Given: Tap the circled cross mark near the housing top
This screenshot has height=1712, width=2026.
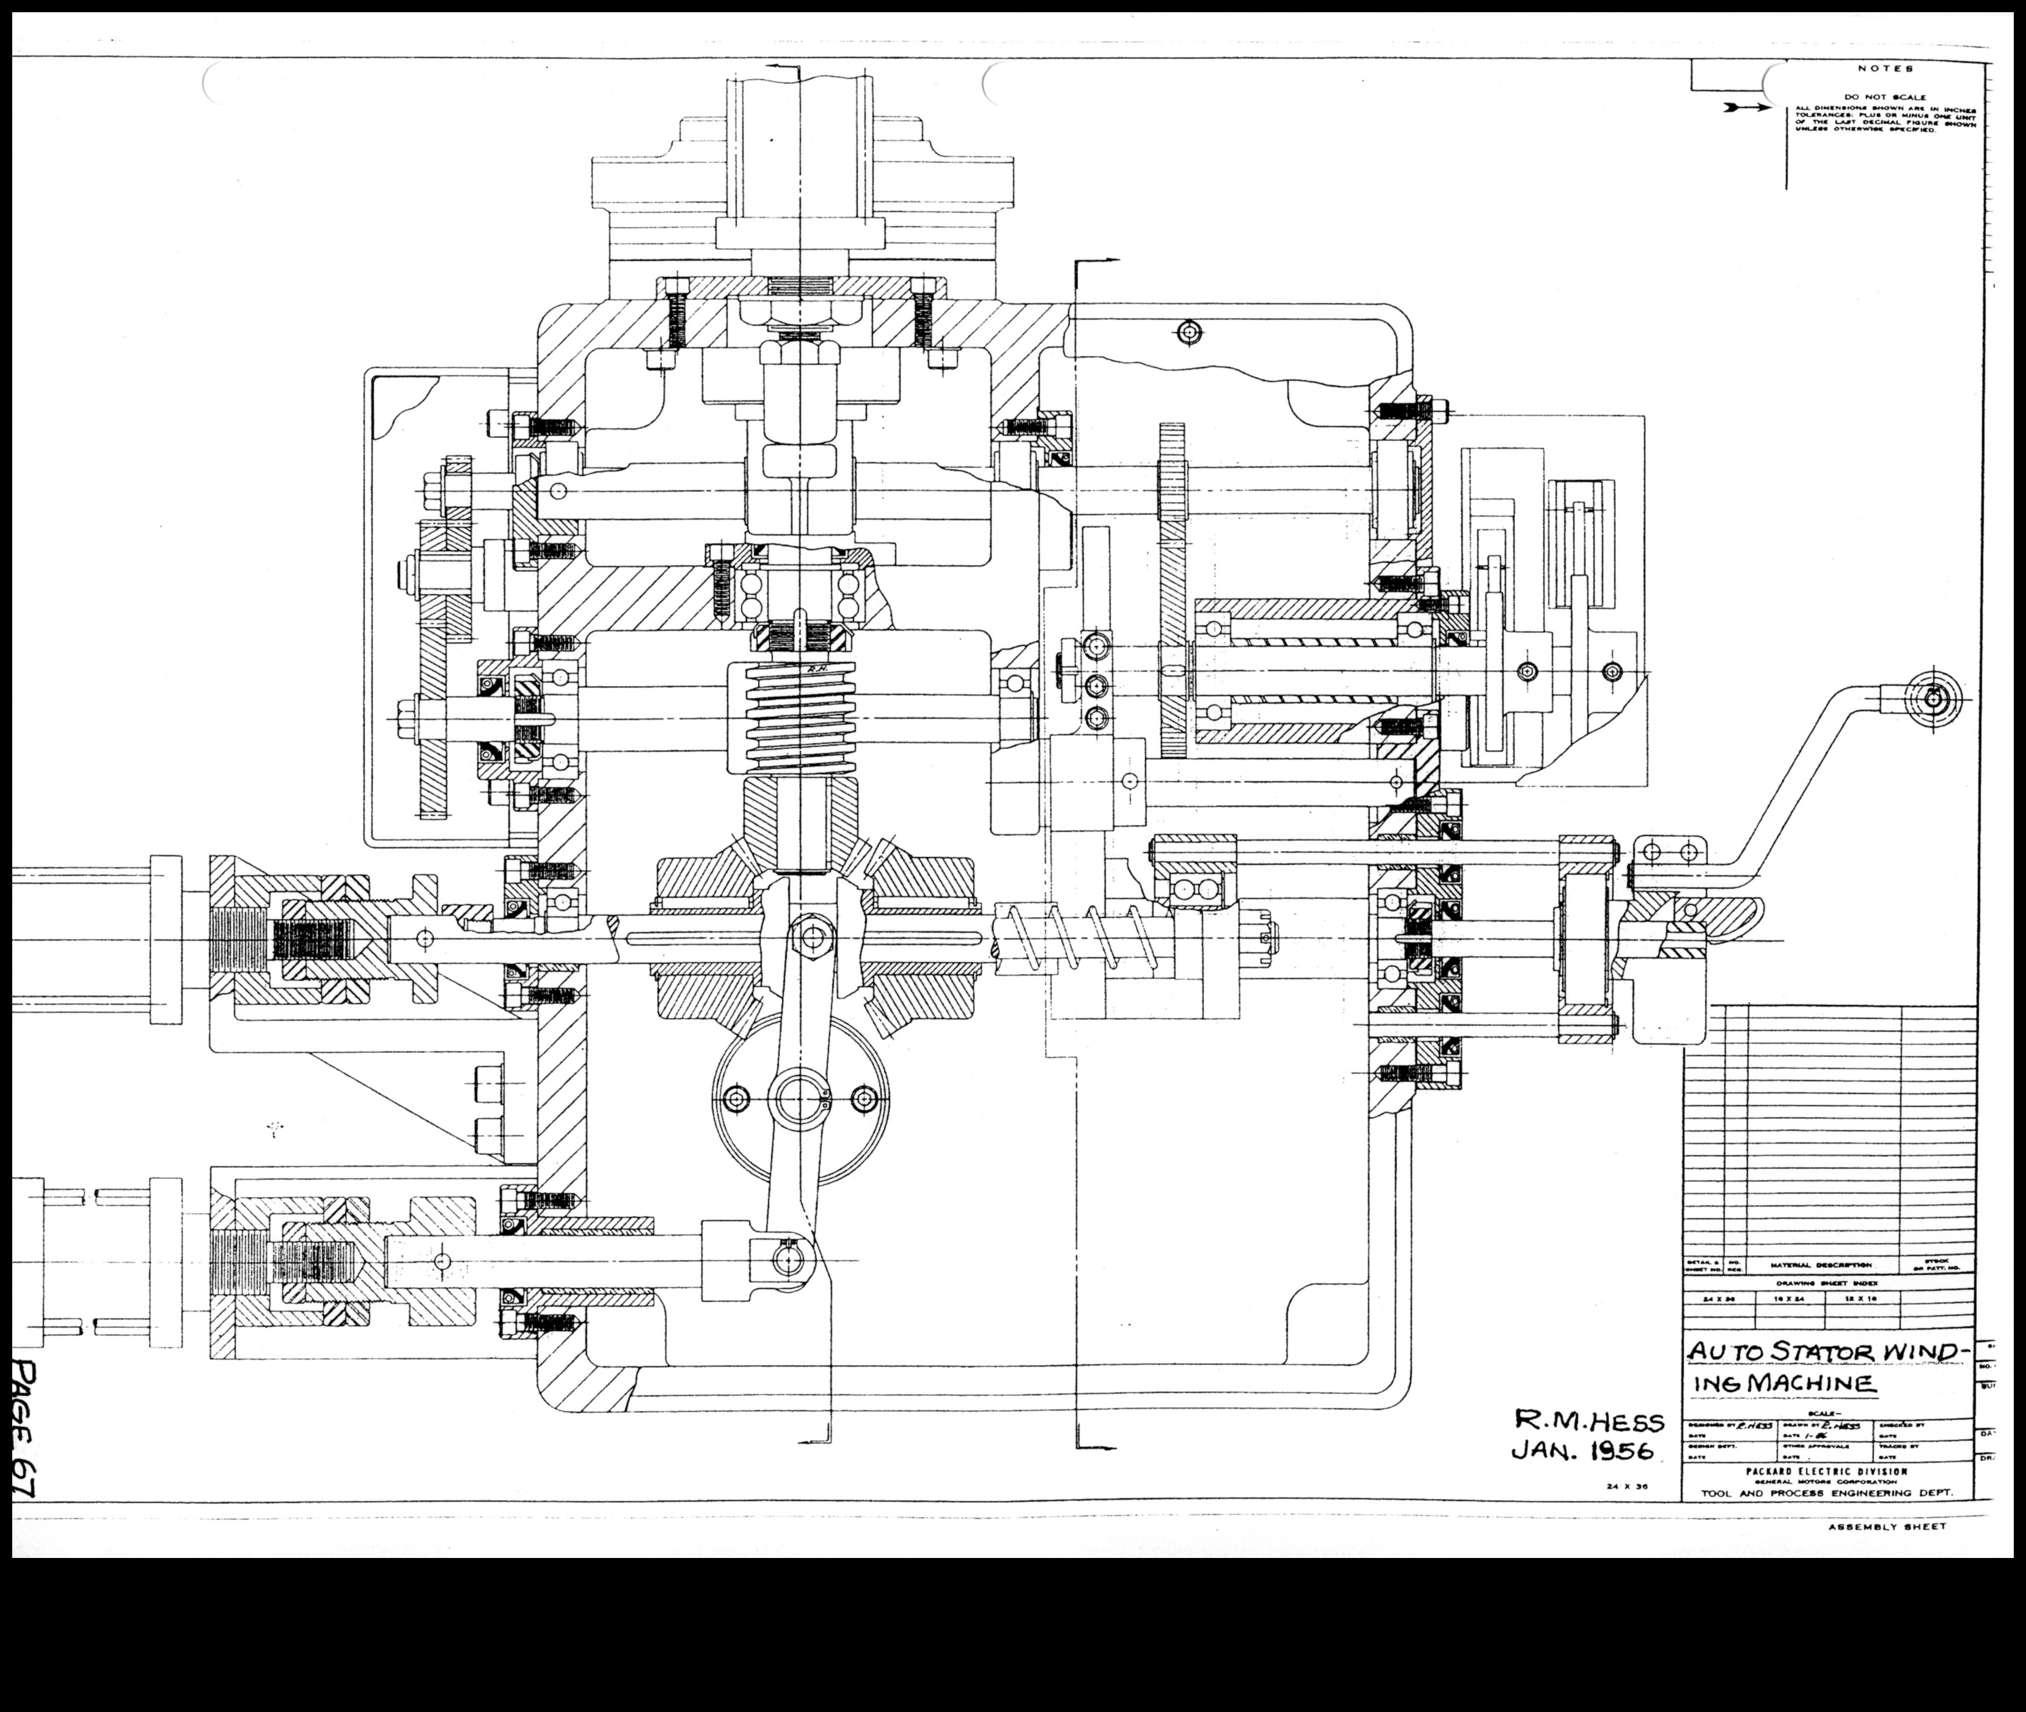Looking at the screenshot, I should click(x=1191, y=333).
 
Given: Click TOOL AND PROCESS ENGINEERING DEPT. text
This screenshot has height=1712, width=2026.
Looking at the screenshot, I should click(x=1826, y=1494).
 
